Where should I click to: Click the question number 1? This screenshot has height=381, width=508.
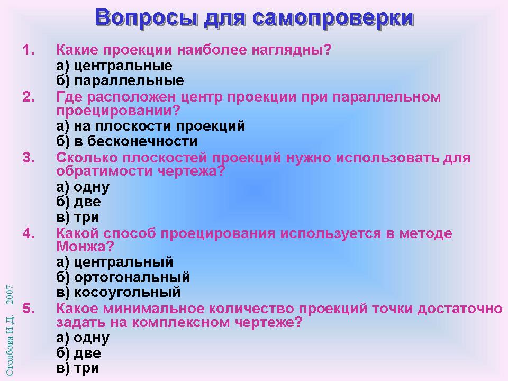coord(29,50)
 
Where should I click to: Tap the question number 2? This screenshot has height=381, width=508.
coord(29,97)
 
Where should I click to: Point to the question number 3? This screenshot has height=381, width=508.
coord(29,158)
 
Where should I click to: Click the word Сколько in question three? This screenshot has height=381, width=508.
coord(87,158)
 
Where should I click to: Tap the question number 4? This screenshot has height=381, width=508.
coord(29,233)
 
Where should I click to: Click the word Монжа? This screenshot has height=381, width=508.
coord(85,247)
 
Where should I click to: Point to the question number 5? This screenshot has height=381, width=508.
coord(29,309)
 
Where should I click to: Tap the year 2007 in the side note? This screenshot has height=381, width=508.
coord(10,295)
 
